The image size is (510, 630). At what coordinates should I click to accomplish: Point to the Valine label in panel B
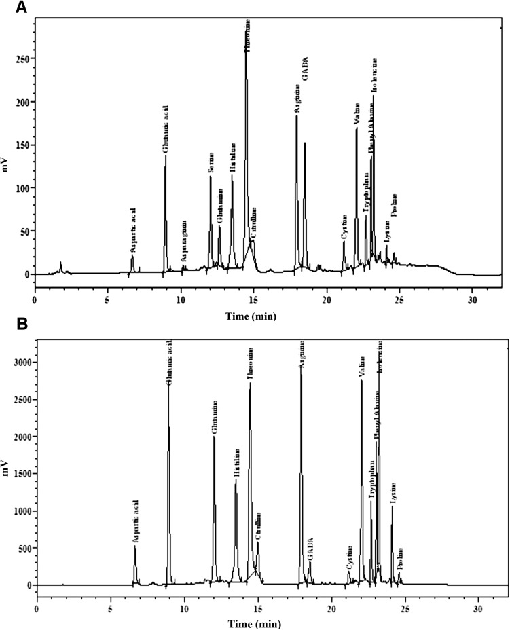pyautogui.click(x=361, y=360)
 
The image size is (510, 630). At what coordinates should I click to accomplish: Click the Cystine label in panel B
pyautogui.click(x=349, y=557)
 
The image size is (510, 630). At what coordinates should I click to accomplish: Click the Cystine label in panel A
pyautogui.click(x=344, y=227)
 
